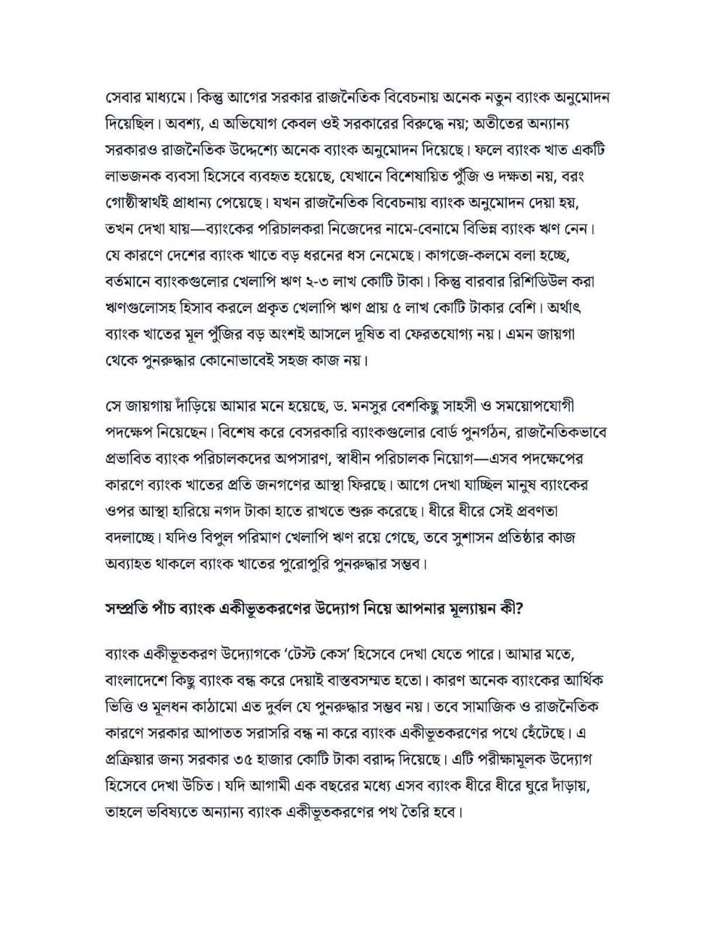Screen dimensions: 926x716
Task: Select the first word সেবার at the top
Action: (121, 96)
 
